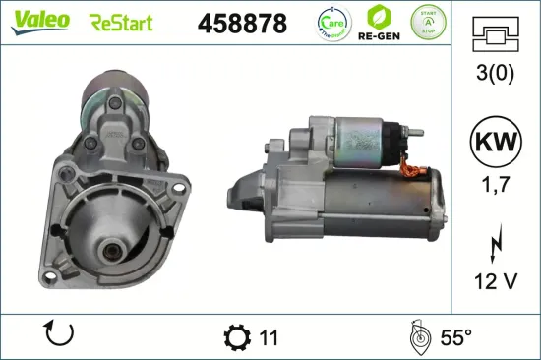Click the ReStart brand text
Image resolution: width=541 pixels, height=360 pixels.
click(122, 23)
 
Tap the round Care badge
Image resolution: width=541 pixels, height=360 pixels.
click(331, 22)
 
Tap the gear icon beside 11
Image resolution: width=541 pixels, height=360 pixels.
click(238, 336)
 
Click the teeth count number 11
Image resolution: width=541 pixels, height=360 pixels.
click(269, 337)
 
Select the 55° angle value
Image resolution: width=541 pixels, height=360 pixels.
click(453, 337)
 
